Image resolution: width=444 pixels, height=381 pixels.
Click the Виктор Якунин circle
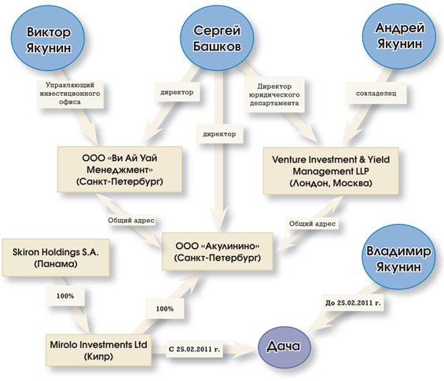click(48, 38)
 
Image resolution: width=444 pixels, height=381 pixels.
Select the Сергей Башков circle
click(217, 38)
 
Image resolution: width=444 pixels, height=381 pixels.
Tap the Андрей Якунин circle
click(399, 36)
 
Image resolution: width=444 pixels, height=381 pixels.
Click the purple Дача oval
click(284, 346)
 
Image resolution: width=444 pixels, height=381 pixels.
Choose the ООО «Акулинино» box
click(217, 251)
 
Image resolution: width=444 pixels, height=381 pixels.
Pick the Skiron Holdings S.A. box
click(56, 258)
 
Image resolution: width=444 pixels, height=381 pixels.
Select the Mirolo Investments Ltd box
click(98, 350)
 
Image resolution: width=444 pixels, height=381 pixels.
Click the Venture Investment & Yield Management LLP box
click(331, 170)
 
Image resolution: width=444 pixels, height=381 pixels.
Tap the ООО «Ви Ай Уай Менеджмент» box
click(119, 169)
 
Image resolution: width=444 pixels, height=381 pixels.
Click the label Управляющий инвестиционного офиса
click(70, 93)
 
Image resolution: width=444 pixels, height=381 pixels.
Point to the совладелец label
click(376, 93)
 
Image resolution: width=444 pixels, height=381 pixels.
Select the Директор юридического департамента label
click(274, 94)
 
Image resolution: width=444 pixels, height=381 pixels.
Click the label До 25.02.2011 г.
click(353, 303)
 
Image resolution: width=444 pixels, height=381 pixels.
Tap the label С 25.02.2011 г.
click(194, 349)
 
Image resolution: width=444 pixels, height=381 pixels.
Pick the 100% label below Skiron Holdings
click(65, 296)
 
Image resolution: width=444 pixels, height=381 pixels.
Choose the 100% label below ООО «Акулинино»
click(165, 309)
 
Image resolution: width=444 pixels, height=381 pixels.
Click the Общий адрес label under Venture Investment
click(312, 224)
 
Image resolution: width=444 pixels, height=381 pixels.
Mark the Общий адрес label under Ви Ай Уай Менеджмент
click(131, 220)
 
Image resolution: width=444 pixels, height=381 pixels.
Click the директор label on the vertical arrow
click(219, 134)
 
